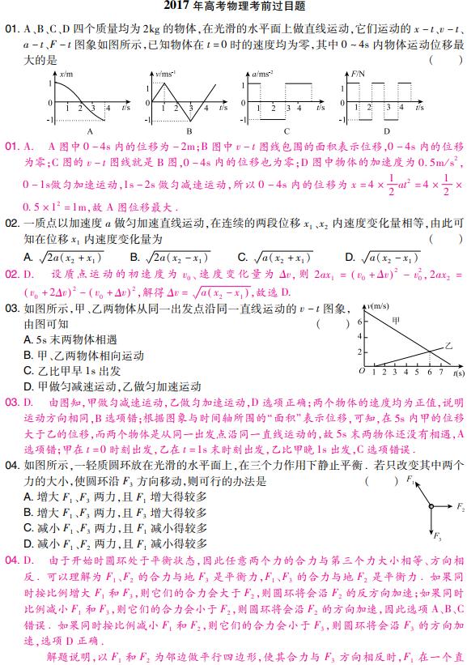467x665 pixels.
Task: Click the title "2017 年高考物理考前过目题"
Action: [233, 6]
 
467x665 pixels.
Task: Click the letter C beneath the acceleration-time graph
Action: [287, 131]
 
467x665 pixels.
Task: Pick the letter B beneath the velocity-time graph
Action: [189, 131]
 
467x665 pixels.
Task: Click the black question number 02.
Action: [11, 223]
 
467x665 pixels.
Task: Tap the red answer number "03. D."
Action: [20, 401]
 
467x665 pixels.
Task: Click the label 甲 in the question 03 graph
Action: [395, 322]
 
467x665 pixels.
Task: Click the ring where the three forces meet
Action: [431, 506]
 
